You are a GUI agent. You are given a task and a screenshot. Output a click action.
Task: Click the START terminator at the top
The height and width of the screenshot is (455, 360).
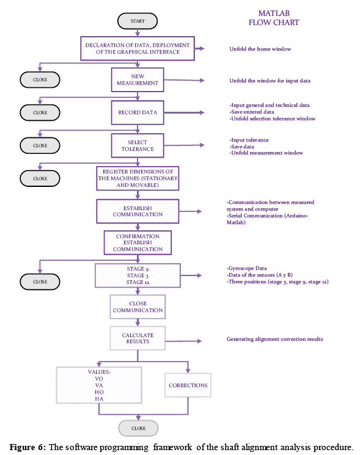point(138,21)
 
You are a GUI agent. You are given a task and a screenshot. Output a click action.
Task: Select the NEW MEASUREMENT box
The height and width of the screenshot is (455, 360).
point(138,80)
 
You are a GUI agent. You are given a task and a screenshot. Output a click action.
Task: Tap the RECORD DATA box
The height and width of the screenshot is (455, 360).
point(138,112)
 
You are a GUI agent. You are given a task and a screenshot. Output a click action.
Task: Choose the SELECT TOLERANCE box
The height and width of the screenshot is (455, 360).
point(138,145)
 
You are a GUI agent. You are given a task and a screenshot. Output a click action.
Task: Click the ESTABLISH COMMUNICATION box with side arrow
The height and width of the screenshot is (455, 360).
point(138,211)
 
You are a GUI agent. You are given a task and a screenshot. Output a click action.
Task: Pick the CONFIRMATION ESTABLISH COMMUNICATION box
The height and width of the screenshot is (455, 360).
point(138,242)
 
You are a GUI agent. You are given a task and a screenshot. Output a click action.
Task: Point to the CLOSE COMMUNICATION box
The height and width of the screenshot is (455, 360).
point(138,307)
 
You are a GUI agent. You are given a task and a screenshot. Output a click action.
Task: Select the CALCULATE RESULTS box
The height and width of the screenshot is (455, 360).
point(138,338)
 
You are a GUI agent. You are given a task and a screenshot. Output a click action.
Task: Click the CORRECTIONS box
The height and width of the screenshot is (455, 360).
point(188,385)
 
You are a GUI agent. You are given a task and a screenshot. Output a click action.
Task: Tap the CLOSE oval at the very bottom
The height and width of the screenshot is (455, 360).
point(138,428)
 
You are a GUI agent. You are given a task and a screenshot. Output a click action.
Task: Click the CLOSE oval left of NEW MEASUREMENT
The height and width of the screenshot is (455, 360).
point(40,79)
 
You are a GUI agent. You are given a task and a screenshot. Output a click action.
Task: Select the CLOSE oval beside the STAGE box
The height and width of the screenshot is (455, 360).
point(40,282)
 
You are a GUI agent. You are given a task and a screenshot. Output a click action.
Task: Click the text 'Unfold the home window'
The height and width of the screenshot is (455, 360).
point(260,49)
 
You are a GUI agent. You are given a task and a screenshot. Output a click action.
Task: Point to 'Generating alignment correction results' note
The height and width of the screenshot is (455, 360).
point(274,339)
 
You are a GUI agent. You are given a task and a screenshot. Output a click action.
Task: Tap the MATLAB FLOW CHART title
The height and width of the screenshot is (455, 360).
point(274,18)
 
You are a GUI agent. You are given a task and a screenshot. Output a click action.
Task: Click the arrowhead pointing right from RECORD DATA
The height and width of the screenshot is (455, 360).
point(202,112)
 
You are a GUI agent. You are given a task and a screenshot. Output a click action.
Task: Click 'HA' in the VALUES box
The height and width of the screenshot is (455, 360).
point(99,399)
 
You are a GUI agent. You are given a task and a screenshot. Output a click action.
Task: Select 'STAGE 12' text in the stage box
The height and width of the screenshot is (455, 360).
point(138,282)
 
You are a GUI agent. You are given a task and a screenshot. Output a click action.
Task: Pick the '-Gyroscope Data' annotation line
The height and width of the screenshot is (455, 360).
point(247,268)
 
